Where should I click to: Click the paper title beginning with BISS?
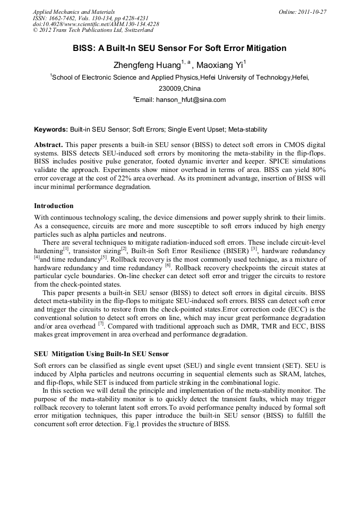pyautogui.click(x=179, y=48)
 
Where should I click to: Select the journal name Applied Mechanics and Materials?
pyautogui.click(x=73, y=12)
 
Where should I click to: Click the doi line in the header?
pyautogui.click(x=96, y=24)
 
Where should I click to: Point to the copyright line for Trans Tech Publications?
pyautogui.click(x=93, y=31)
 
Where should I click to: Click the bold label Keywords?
pyautogui.click(x=51, y=130)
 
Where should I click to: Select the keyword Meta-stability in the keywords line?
pyautogui.click(x=248, y=130)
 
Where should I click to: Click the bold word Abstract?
pyautogui.click(x=48, y=145)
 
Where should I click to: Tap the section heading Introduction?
pyautogui.click(x=54, y=206)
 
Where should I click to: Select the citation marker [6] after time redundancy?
pyautogui.click(x=168, y=265)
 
